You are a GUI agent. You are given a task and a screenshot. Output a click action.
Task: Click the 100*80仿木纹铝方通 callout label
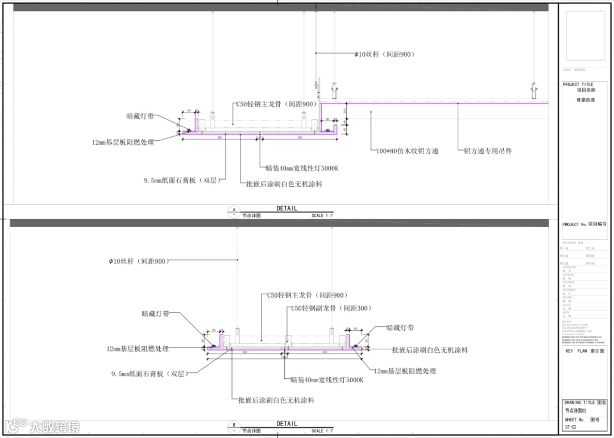click(x=407, y=151)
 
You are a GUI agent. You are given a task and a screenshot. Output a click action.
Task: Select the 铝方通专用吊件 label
click(x=488, y=151)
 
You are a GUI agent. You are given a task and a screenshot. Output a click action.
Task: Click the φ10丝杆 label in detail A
click(x=385, y=55)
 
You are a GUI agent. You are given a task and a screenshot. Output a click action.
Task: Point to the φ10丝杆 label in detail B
click(x=139, y=261)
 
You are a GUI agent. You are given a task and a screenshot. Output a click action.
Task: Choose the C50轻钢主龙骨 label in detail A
click(x=276, y=105)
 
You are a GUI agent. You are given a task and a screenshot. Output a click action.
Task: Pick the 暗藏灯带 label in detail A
click(x=140, y=116)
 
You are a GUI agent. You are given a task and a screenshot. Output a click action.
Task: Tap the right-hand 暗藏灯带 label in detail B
click(x=400, y=328)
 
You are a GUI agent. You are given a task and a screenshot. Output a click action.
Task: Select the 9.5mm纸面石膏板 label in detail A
click(x=181, y=181)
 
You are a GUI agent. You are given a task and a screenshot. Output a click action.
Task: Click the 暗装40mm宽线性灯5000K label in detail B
click(x=326, y=379)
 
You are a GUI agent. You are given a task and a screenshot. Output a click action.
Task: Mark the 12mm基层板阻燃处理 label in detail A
click(x=123, y=143)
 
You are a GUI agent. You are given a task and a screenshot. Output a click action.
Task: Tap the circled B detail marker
click(x=234, y=426)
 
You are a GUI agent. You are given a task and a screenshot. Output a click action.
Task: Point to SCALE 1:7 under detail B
click(x=322, y=431)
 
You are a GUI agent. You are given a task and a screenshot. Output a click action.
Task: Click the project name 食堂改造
click(x=586, y=100)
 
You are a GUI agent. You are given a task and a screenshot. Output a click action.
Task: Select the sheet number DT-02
click(x=571, y=427)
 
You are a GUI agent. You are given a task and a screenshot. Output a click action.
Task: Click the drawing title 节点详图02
click(x=575, y=410)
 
